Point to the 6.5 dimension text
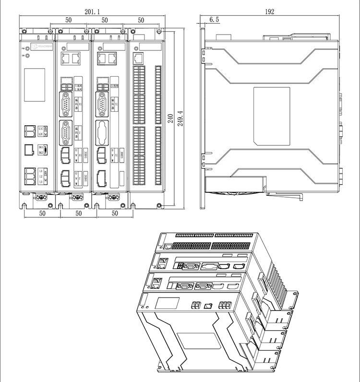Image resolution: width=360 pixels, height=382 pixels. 214,20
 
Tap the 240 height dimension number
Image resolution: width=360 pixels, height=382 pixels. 170,119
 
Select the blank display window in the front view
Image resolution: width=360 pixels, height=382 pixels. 35,84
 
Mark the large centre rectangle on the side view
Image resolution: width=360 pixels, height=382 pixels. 272,116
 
